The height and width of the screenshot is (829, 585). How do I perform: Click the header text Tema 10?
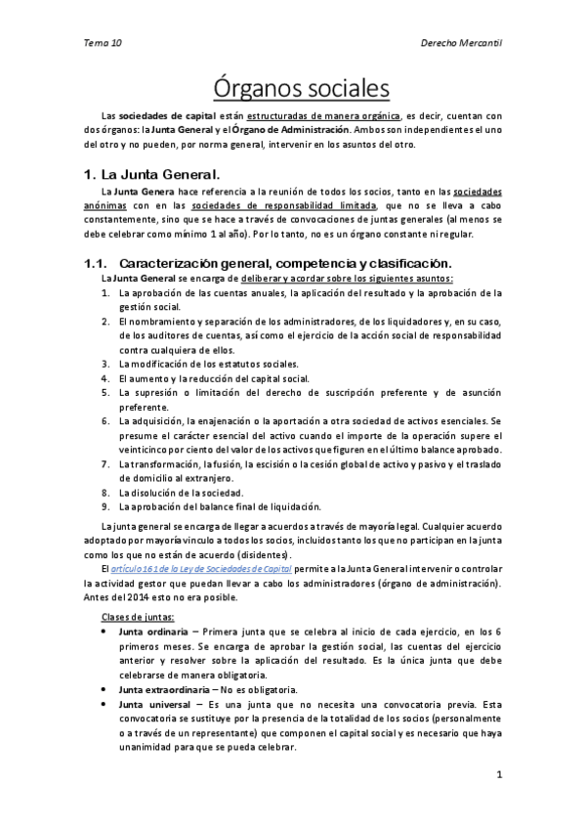coord(104,43)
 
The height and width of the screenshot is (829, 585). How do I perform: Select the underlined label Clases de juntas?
coord(139,616)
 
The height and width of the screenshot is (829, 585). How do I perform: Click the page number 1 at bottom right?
coord(498,777)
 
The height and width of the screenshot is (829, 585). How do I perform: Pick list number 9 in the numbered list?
coord(105,506)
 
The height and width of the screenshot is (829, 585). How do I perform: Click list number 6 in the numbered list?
coord(105,420)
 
